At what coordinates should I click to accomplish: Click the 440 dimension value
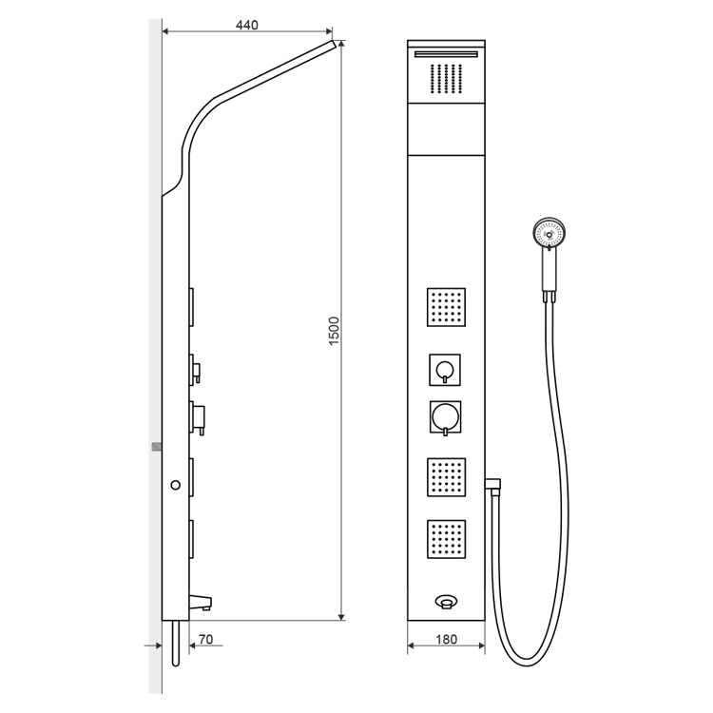tap(247, 25)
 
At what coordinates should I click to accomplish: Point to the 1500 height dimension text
tap(335, 331)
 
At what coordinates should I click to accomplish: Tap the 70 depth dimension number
tap(206, 640)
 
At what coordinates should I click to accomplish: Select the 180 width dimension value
tap(446, 640)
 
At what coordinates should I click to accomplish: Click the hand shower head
tap(549, 234)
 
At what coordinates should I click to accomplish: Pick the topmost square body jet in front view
tap(446, 307)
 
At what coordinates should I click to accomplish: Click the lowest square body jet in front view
tap(446, 539)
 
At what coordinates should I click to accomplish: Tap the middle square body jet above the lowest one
tap(446, 477)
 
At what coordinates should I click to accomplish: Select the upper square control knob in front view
tap(445, 370)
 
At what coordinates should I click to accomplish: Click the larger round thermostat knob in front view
tap(445, 416)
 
